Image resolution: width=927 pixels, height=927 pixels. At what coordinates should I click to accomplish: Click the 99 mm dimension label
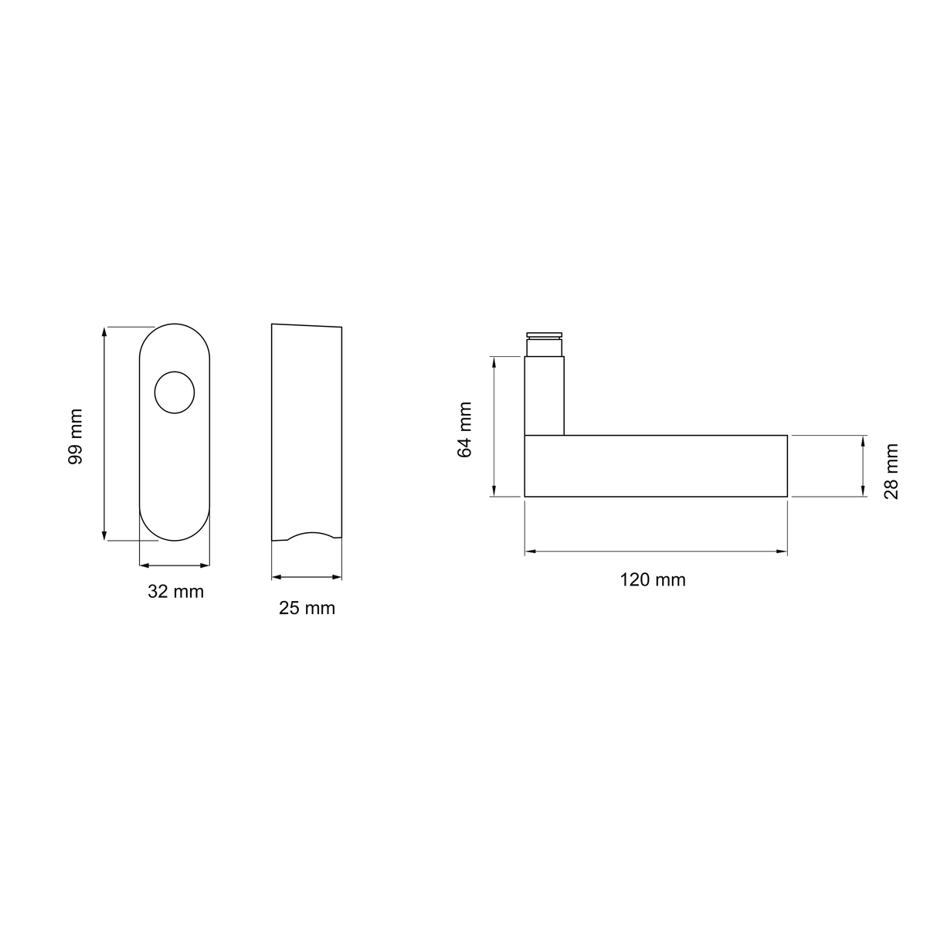pyautogui.click(x=76, y=436)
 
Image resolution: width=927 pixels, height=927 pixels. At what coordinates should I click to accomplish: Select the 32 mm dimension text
pyautogui.click(x=175, y=592)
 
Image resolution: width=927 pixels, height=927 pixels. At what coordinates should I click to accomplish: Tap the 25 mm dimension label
pyautogui.click(x=307, y=609)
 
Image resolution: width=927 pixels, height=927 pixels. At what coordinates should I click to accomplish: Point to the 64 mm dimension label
pyautogui.click(x=465, y=430)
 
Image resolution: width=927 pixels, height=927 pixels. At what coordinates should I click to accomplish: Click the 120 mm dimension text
pyautogui.click(x=652, y=580)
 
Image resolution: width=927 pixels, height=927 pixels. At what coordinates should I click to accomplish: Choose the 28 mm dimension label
pyautogui.click(x=891, y=471)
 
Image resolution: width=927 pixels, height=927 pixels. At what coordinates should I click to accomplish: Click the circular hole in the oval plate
pyautogui.click(x=175, y=392)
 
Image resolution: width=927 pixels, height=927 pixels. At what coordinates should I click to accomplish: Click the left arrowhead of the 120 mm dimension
pyautogui.click(x=530, y=552)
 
